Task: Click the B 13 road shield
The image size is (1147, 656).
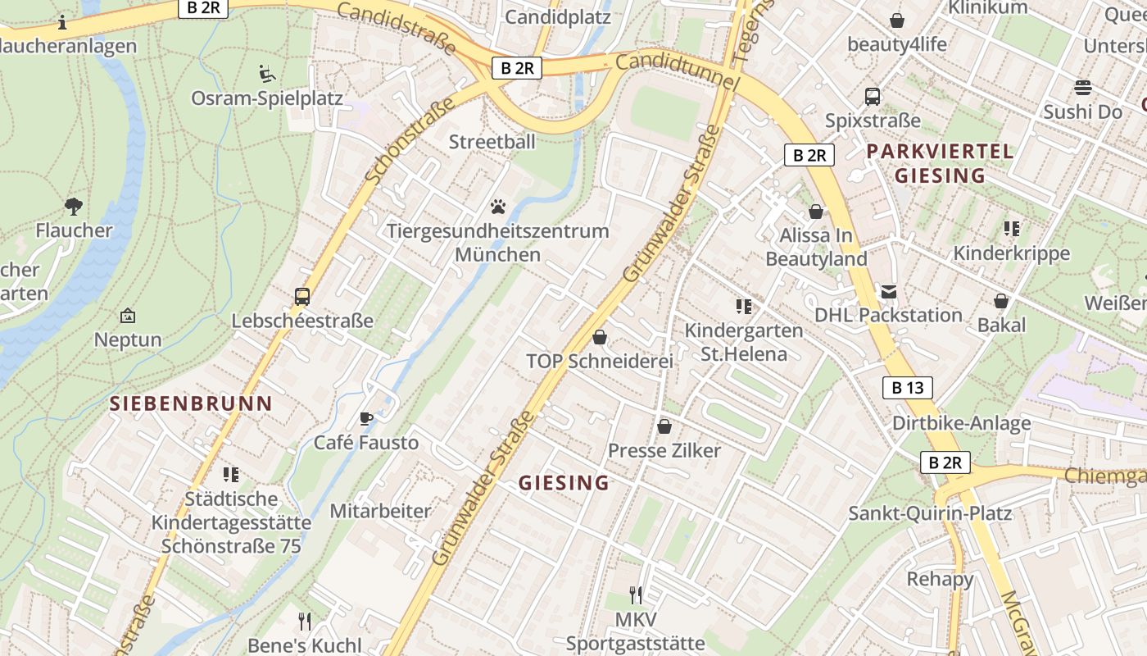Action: tap(907, 388)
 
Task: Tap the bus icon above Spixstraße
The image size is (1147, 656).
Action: tap(873, 97)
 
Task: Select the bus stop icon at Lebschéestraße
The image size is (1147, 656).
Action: tap(302, 297)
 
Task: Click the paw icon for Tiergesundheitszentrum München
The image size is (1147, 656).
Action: tap(498, 207)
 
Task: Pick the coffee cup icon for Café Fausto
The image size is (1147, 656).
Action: tap(366, 419)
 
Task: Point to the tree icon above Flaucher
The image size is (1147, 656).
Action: tap(74, 206)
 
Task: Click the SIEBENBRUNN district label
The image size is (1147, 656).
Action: tap(191, 403)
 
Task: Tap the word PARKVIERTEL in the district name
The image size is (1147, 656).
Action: tap(940, 152)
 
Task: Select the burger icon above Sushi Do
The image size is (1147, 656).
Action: tap(1083, 88)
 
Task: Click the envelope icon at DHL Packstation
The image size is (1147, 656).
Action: tap(888, 292)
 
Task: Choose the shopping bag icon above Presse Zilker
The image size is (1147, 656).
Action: tap(664, 427)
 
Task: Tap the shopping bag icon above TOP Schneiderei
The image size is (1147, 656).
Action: tap(600, 338)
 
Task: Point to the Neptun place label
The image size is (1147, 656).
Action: tap(128, 339)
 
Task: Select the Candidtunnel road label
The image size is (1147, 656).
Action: tap(677, 71)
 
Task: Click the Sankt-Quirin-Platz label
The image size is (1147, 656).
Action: tap(930, 513)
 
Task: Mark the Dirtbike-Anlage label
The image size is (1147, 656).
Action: tap(961, 423)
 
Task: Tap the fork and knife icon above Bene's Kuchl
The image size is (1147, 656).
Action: tap(305, 622)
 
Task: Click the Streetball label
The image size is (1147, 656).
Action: tap(492, 142)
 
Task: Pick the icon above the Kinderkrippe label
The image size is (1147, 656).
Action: tap(1012, 230)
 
